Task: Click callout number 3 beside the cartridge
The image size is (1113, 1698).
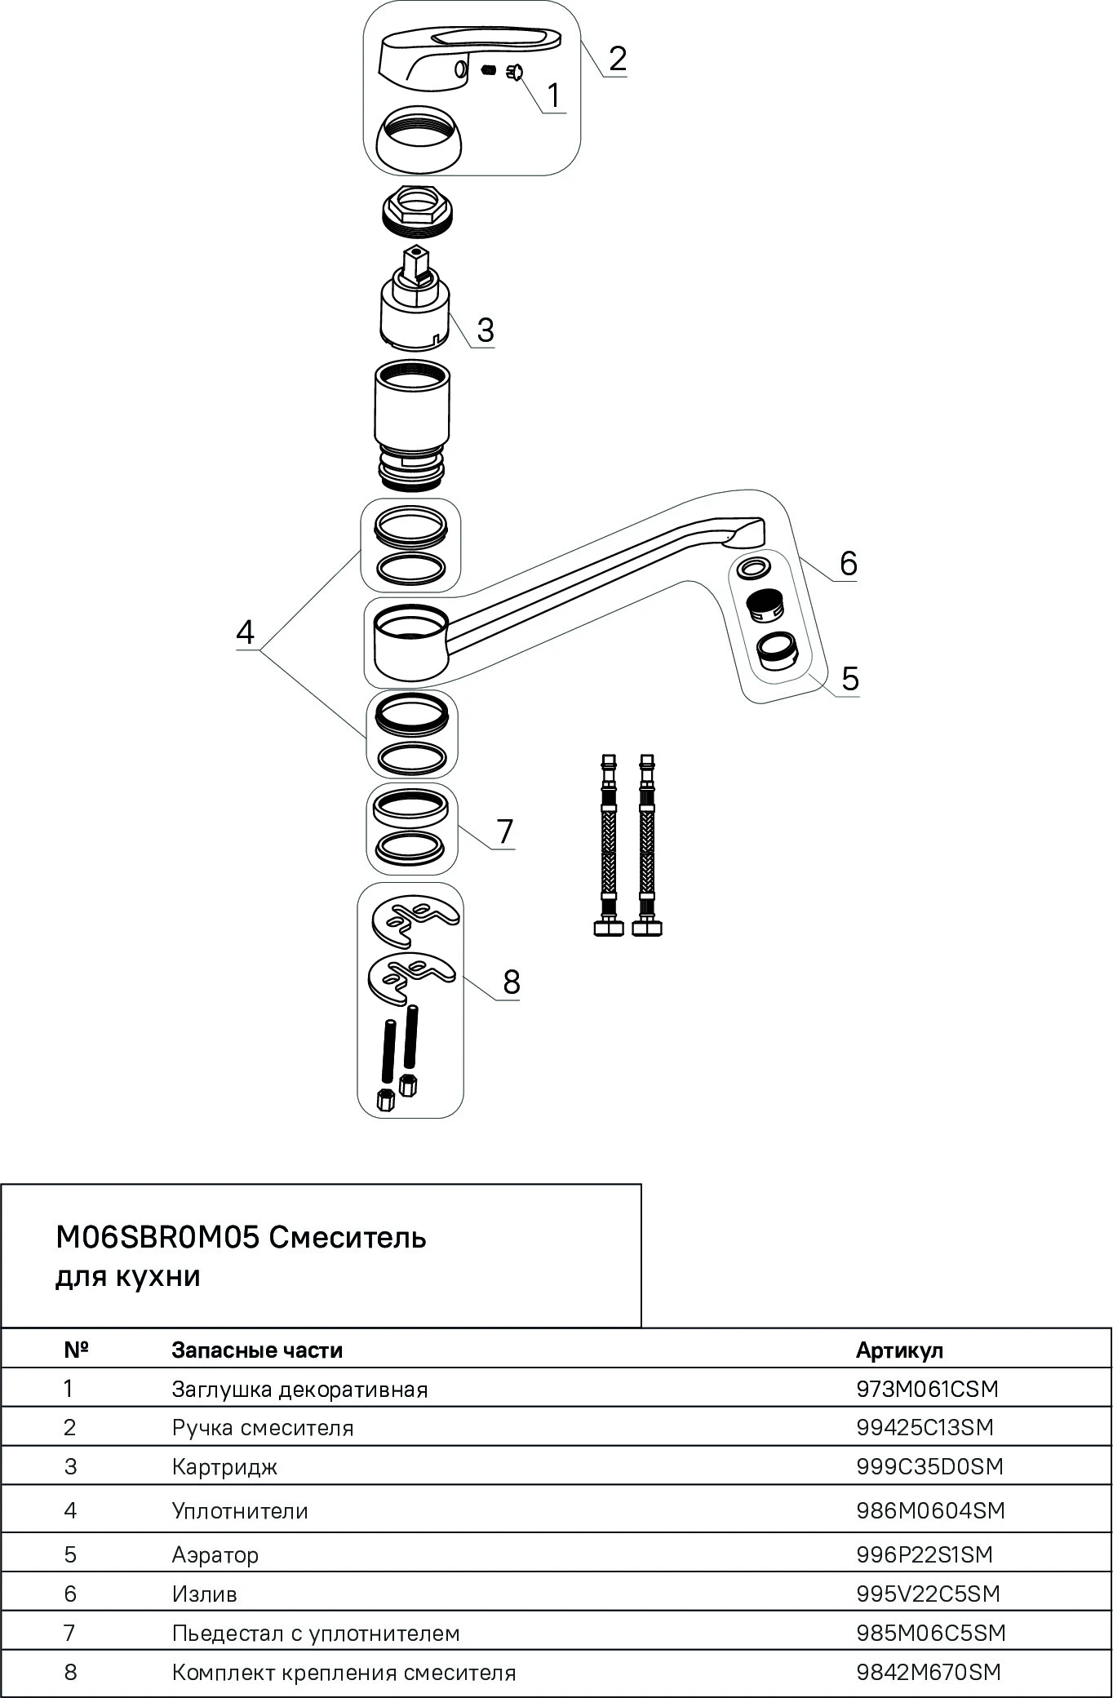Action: [x=486, y=330]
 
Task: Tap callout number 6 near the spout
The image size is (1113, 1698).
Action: [x=849, y=563]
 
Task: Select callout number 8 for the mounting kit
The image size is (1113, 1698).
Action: [x=512, y=981]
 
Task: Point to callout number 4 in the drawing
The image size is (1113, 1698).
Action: [x=245, y=632]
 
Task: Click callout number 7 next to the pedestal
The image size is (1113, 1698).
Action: [x=505, y=831]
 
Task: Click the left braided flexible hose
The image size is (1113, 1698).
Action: [x=609, y=845]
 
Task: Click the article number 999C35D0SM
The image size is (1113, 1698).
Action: [x=929, y=1466]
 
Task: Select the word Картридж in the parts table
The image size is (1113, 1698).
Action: [x=224, y=1467]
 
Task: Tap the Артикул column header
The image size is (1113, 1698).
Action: [x=899, y=1350]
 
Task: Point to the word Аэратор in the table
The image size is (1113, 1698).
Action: [x=215, y=1554]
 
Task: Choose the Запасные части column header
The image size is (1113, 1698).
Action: [x=257, y=1350]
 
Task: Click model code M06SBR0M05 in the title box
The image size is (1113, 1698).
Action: [x=157, y=1238]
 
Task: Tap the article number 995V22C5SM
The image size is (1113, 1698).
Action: [x=928, y=1594]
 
